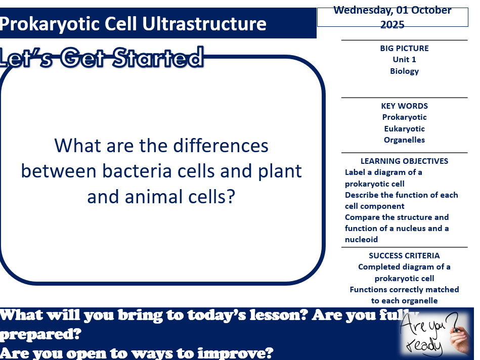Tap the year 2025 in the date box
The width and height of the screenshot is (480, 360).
[392, 24]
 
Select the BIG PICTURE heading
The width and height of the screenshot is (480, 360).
[404, 49]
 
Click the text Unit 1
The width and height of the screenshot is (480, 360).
[404, 60]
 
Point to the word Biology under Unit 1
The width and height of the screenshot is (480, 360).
[404, 71]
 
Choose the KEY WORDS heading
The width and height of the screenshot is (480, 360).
[404, 106]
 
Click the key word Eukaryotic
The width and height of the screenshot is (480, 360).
[404, 129]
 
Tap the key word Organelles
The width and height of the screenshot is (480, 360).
[404, 140]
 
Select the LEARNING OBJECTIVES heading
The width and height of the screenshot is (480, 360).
[404, 161]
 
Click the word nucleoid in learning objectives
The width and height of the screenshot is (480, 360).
[361, 240]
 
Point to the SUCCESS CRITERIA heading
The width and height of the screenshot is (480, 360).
[404, 256]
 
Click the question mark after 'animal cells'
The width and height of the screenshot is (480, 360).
[231, 196]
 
